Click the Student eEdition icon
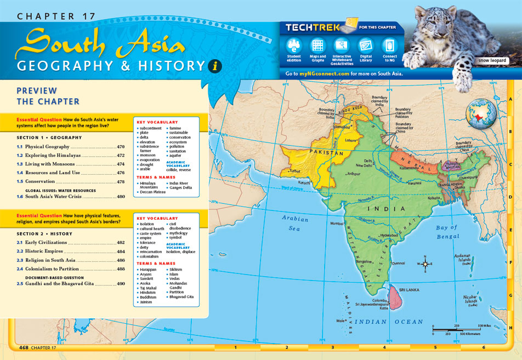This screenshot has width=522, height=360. click(294, 45)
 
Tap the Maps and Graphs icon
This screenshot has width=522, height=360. click(317, 45)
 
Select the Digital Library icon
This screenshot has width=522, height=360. click(365, 45)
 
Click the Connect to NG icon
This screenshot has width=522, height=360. click(389, 45)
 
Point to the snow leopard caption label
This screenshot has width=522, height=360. click(492, 61)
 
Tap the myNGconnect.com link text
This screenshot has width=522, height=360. click(325, 73)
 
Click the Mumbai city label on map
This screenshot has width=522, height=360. click(337, 224)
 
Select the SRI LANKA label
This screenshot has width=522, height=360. click(409, 289)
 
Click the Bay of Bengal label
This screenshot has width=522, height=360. click(447, 232)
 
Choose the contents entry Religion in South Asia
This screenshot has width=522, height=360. click(50, 260)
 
